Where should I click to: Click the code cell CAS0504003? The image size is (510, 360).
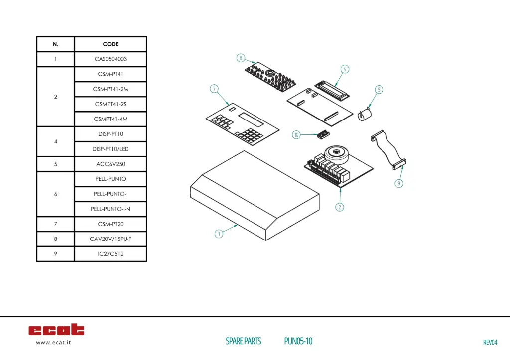(111, 59)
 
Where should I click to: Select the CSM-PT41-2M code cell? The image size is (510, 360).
(111, 89)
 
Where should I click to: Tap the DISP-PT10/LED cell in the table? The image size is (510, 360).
(111, 149)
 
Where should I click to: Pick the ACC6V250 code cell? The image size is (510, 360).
(111, 164)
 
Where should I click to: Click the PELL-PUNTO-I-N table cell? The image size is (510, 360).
(111, 209)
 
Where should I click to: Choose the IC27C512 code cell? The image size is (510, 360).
(111, 254)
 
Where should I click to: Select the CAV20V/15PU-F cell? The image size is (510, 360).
(111, 239)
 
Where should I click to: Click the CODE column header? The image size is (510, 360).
(111, 44)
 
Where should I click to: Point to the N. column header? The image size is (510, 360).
(55, 44)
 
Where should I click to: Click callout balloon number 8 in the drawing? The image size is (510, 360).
(241, 58)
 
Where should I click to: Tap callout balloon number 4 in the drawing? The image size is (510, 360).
(345, 69)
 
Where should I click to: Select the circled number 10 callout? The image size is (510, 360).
(296, 135)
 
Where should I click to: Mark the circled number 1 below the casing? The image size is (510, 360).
(218, 234)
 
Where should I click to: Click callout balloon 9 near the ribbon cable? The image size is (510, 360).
(399, 183)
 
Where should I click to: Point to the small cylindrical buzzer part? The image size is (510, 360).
(366, 115)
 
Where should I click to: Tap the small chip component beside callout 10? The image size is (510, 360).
(322, 134)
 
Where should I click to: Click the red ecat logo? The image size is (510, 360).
(56, 330)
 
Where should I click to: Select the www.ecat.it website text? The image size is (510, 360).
(53, 342)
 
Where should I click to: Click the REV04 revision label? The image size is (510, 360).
(490, 342)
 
